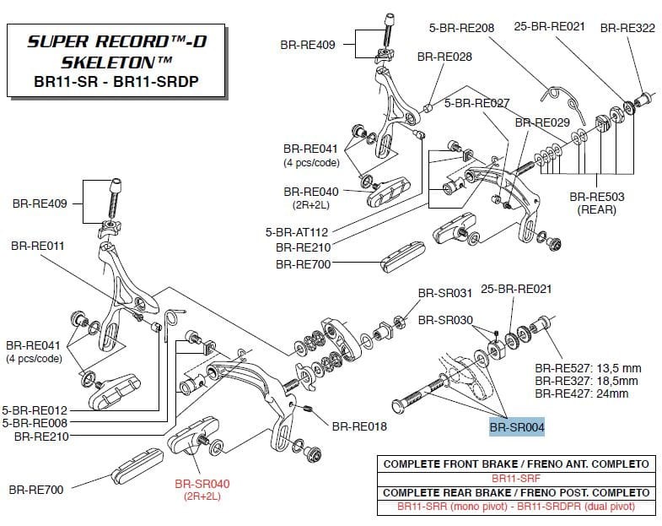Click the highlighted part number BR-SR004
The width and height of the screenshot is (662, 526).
point(517,427)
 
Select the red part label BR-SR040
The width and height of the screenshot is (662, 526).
point(202,484)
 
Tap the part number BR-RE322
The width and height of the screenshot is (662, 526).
point(627,28)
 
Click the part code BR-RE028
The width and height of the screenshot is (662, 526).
point(444,57)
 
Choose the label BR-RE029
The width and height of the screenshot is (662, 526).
point(541,122)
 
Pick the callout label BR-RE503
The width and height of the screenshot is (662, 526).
point(598,197)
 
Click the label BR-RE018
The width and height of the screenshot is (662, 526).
point(358,426)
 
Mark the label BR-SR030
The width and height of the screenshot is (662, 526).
point(444,321)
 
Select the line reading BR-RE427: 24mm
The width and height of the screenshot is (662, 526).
point(582,393)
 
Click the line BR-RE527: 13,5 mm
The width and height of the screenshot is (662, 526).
point(588,368)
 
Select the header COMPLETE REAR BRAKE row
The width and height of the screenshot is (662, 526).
point(515,492)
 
